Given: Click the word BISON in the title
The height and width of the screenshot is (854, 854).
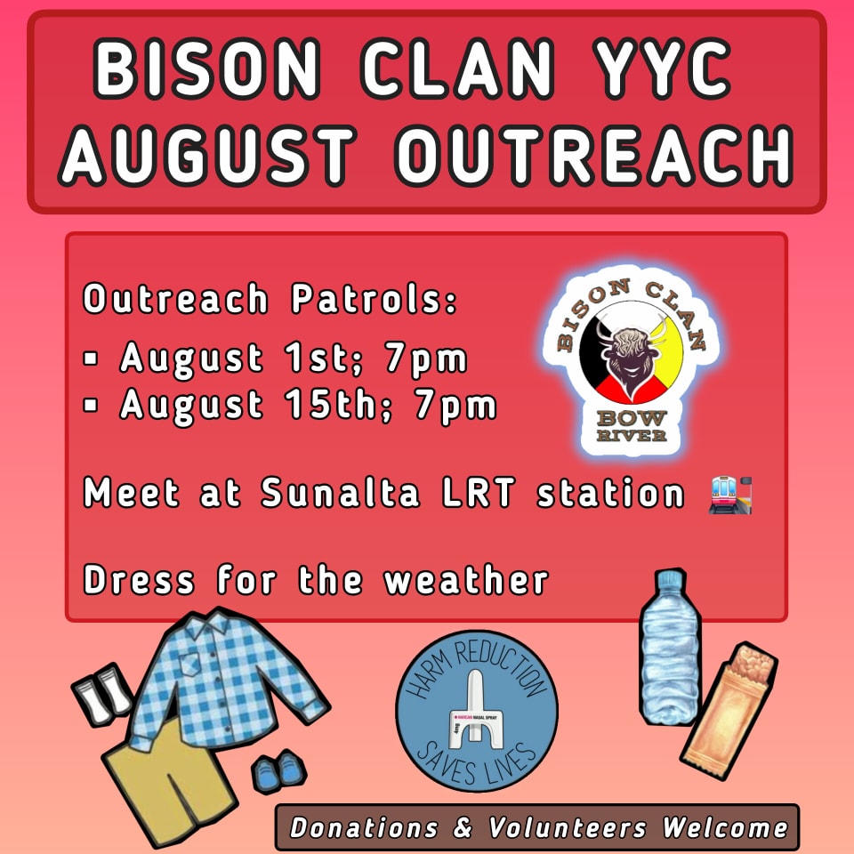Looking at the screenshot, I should click(x=206, y=70).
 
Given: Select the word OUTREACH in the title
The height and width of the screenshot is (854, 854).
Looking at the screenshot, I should click(x=593, y=155).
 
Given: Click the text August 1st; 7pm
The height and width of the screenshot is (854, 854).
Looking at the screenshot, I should click(x=294, y=359).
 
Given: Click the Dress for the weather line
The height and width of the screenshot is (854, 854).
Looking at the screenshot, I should click(x=316, y=581).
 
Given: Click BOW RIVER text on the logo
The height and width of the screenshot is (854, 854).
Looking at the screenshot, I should click(x=633, y=427).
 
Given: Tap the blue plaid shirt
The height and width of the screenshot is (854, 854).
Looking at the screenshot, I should click(x=222, y=676).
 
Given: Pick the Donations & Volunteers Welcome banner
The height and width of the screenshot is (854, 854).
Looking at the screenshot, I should click(x=536, y=828).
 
